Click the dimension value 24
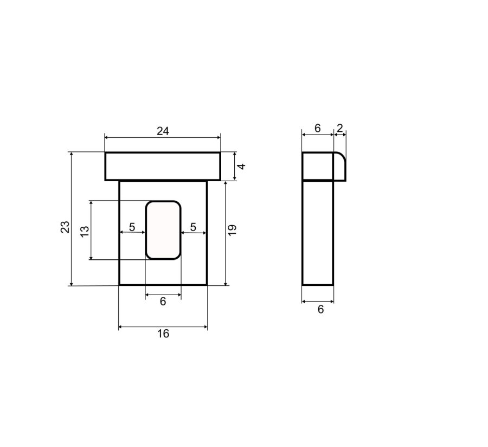pos(163,131)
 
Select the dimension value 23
pos(65,227)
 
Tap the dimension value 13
pos(85,231)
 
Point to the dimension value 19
pos(232,230)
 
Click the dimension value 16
pos(163,334)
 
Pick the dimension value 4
pos(241,166)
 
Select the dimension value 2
pos(340,128)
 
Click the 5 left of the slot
pos(132,227)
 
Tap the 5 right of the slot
pos(193,227)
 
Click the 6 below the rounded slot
pos(163,301)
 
